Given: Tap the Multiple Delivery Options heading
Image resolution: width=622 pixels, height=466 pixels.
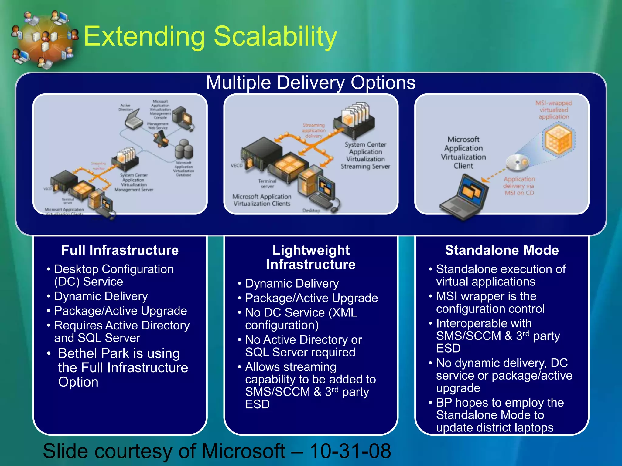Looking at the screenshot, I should click(x=310, y=83).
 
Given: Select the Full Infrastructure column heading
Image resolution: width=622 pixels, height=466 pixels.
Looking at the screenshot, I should click(x=120, y=250).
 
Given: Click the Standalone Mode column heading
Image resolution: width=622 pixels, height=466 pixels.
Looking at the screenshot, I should click(x=502, y=250).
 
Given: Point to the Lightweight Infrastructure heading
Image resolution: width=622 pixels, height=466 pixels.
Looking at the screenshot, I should click(x=311, y=257).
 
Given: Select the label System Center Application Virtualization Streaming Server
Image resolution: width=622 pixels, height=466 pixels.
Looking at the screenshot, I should click(x=365, y=155).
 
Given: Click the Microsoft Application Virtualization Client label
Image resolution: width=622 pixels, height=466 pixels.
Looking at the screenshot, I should click(x=463, y=152).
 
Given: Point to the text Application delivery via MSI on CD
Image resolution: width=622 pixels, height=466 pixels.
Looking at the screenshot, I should click(x=519, y=186).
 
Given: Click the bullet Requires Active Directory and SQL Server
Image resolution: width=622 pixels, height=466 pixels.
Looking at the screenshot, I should click(x=121, y=331).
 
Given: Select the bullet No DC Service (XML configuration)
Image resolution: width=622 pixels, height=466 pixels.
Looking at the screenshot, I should click(x=301, y=319).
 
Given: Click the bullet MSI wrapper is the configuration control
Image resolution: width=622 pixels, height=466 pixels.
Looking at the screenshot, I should click(x=490, y=302).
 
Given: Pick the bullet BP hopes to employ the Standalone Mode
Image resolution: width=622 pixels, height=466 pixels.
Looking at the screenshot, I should click(x=500, y=415).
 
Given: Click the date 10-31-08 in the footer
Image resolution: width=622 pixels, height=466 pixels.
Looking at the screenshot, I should click(x=350, y=451).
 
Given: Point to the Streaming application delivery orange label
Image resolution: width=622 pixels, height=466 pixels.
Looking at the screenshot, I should click(x=314, y=130).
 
